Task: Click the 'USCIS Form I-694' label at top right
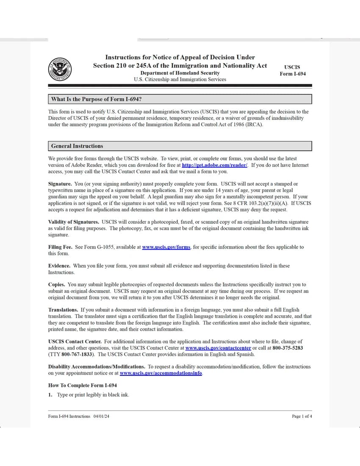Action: pyautogui.click(x=292, y=70)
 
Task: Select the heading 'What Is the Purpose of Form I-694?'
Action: pyautogui.click(x=96, y=99)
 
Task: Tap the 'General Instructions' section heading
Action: pyautogui.click(x=77, y=146)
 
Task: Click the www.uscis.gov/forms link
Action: pyautogui.click(x=166, y=247)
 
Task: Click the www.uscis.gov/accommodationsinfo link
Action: pyautogui.click(x=161, y=373)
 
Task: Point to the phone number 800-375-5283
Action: pyautogui.click(x=288, y=348)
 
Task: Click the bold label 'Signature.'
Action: pyautogui.click(x=60, y=184)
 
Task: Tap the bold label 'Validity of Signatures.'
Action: pyautogui.click(x=74, y=222)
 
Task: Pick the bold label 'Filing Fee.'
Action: pyautogui.click(x=60, y=247)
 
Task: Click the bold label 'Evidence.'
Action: pyautogui.click(x=59, y=266)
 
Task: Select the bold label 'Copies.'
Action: pyautogui.click(x=57, y=285)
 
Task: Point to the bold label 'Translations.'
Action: pyautogui.click(x=63, y=310)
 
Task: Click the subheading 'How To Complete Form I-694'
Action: pyautogui.click(x=83, y=385)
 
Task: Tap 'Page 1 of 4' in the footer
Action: pyautogui.click(x=302, y=416)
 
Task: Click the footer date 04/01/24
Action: pyautogui.click(x=101, y=416)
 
